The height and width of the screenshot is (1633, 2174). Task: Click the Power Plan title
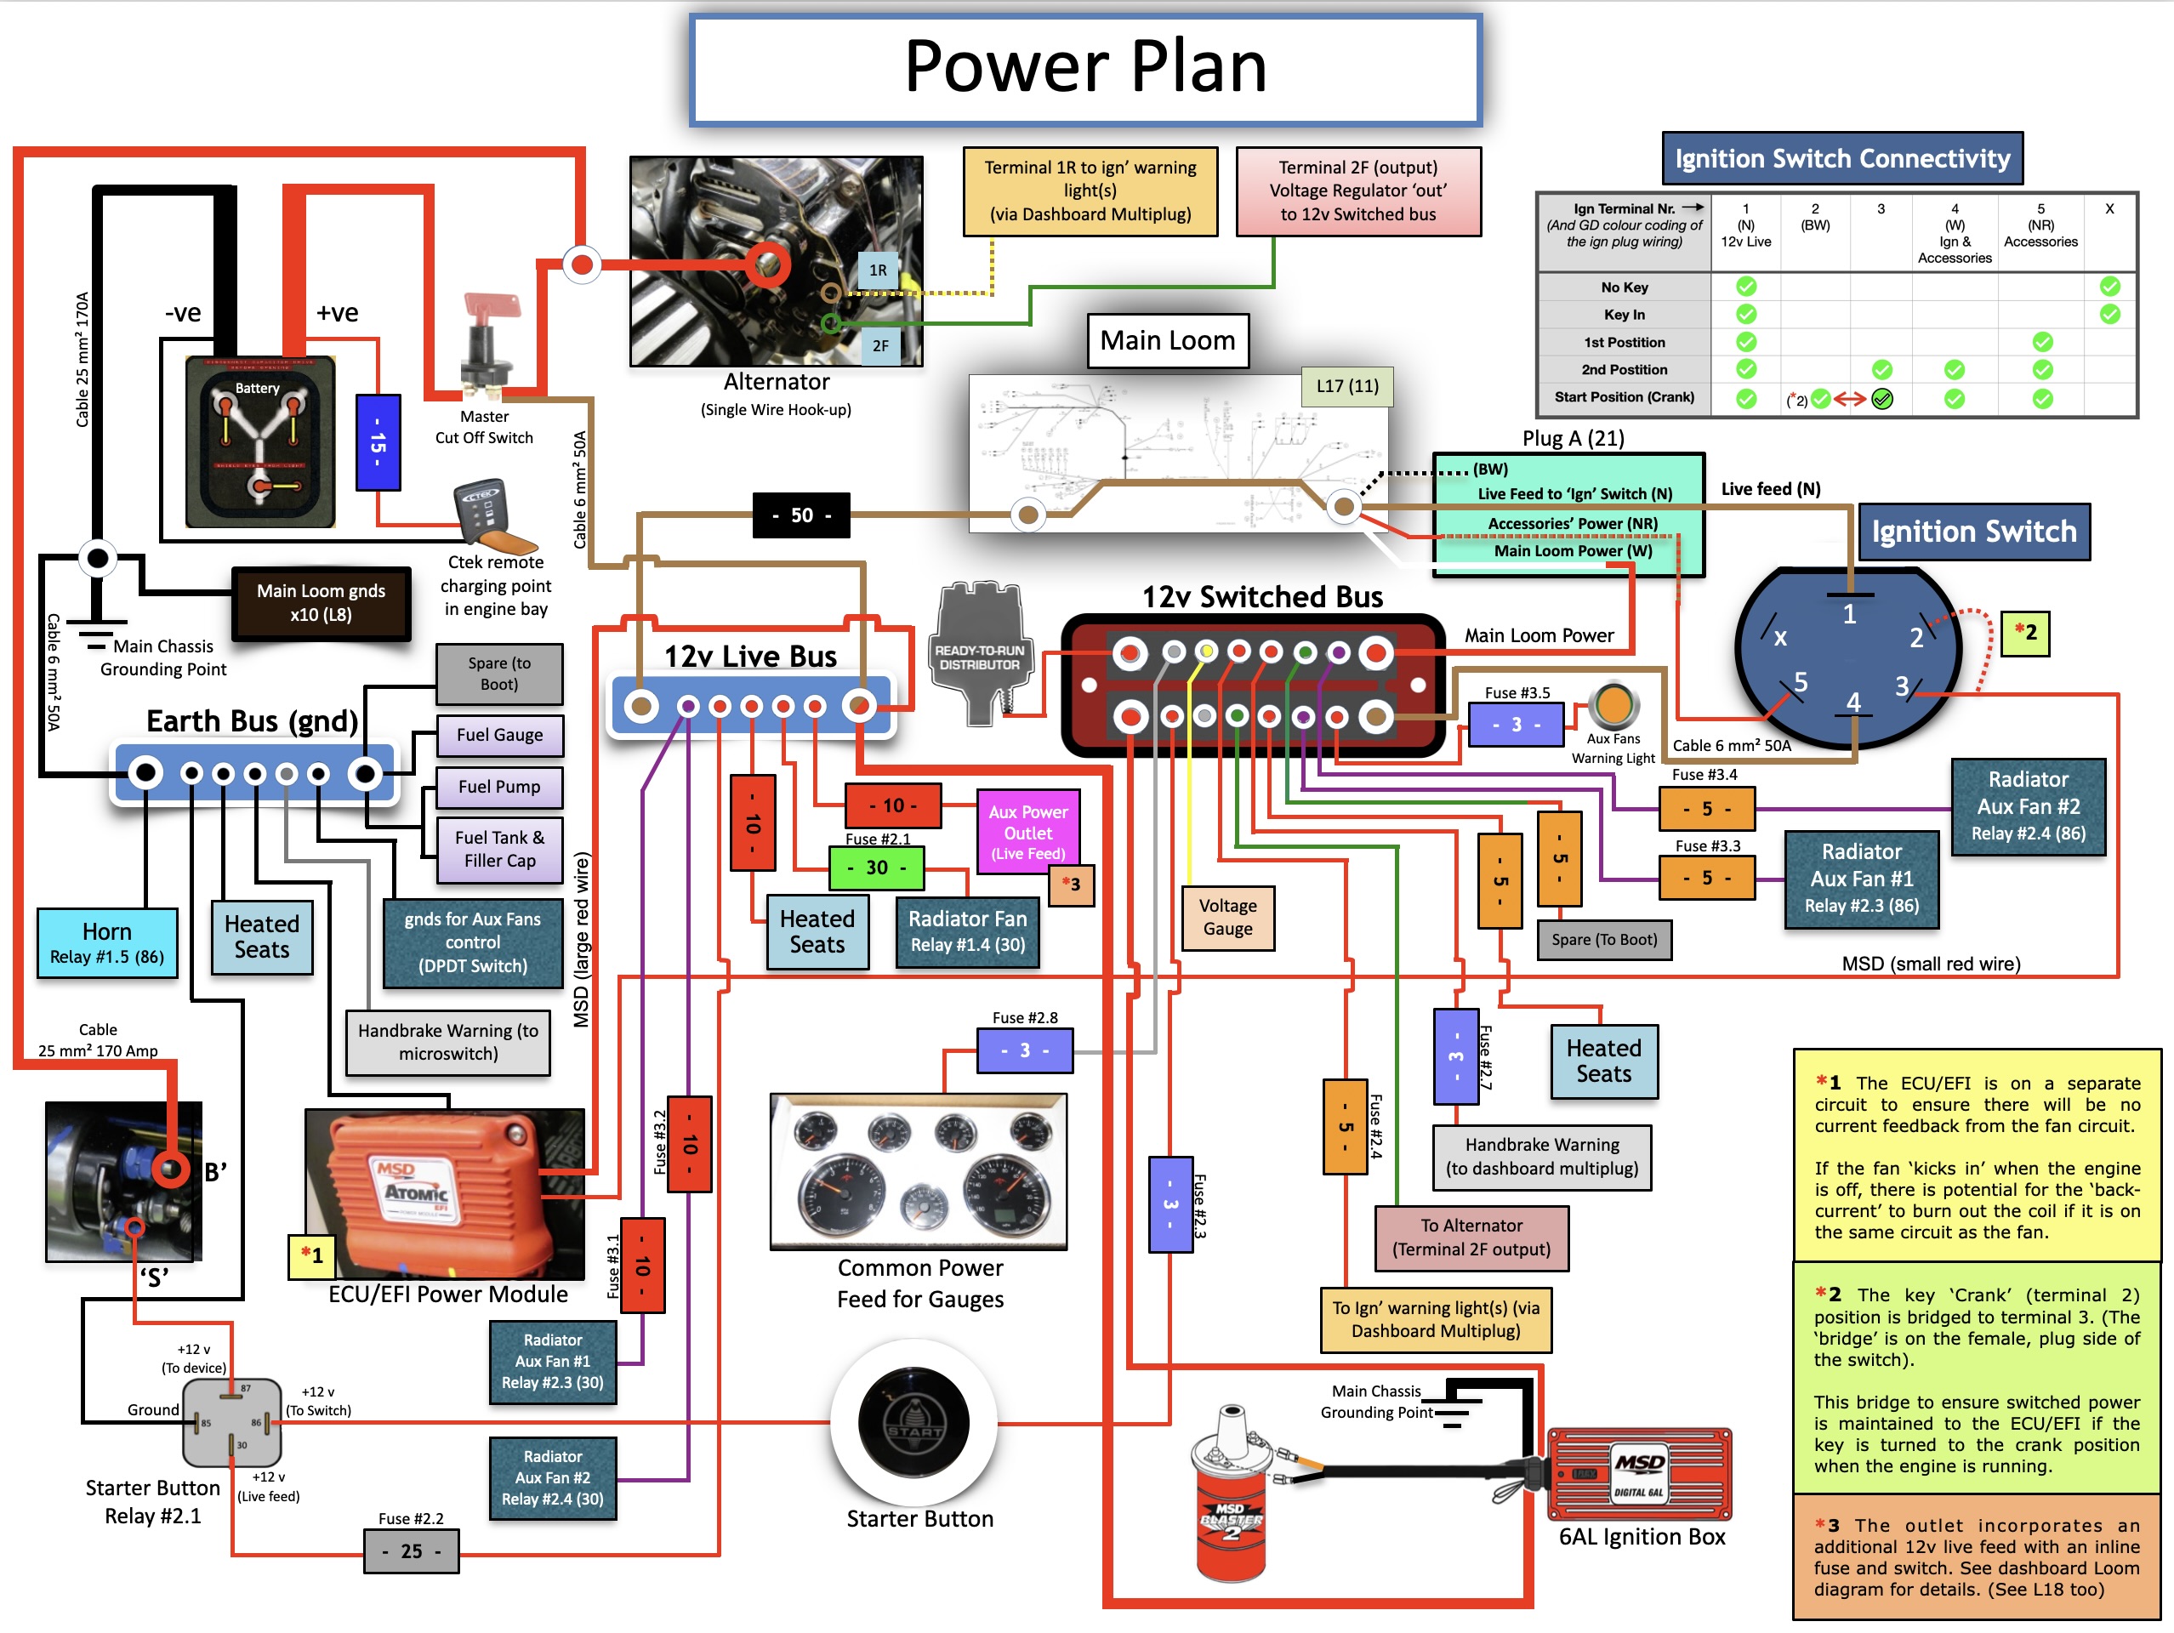point(1085,69)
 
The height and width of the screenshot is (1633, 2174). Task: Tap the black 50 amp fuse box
point(801,515)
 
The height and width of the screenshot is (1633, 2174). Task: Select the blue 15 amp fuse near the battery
point(378,442)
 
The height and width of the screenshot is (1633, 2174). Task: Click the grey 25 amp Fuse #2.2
point(411,1551)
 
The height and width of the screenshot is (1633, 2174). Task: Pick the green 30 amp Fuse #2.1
point(876,868)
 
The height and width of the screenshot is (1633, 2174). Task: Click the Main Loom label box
point(1168,341)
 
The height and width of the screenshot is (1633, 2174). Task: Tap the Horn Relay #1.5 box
point(107,943)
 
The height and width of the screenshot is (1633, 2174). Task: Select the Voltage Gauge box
point(1227,917)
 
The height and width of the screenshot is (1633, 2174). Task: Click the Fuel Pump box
point(499,787)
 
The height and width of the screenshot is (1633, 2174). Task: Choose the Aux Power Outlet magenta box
point(1028,832)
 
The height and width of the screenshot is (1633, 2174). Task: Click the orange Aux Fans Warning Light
point(1613,703)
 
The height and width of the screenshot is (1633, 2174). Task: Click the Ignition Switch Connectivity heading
point(1841,158)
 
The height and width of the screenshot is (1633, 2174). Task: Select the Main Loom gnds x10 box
point(321,602)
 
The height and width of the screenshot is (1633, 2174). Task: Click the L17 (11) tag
point(1346,386)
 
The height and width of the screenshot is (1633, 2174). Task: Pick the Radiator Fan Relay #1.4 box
point(967,931)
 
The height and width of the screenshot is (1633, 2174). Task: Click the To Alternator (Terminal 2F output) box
point(1471,1237)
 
